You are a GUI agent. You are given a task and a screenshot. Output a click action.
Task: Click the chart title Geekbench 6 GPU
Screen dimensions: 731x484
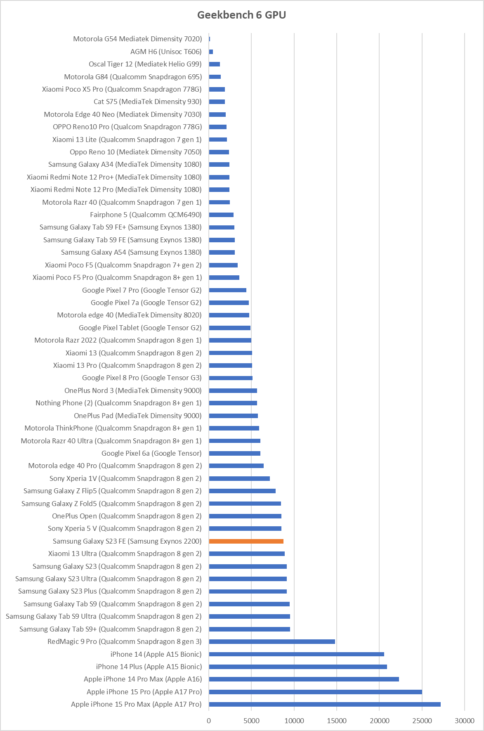(x=241, y=15)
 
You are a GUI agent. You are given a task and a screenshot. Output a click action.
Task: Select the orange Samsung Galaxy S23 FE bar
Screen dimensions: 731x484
(x=246, y=541)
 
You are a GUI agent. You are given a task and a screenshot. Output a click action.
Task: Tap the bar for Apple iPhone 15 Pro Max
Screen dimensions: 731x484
(x=324, y=704)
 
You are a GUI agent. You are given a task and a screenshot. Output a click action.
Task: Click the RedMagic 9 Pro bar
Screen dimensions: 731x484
(x=272, y=641)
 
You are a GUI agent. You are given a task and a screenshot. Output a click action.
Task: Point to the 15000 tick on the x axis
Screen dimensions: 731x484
(x=337, y=721)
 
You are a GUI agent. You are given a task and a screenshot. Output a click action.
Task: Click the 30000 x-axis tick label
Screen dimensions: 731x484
(x=464, y=721)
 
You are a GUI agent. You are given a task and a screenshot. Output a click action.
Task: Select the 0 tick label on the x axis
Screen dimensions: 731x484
(x=209, y=721)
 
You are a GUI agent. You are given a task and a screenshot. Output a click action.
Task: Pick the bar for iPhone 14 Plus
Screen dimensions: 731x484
(x=297, y=667)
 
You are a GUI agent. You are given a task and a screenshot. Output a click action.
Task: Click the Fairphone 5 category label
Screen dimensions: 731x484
(x=146, y=215)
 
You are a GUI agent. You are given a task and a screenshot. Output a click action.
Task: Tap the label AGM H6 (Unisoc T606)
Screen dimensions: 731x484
(x=166, y=52)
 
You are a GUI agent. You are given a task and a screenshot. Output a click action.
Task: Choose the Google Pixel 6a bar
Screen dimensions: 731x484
(x=234, y=453)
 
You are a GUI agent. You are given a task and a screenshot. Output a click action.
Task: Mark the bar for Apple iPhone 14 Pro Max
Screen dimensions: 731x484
(x=304, y=679)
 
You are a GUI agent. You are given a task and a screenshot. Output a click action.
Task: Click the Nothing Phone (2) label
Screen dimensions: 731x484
(x=118, y=403)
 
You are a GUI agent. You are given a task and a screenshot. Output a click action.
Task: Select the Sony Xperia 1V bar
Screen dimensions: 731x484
(x=239, y=478)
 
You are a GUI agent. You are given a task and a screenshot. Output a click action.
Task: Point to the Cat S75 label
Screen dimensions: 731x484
(x=147, y=102)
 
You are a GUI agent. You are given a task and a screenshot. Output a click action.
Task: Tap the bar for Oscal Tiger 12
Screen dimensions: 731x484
(x=214, y=64)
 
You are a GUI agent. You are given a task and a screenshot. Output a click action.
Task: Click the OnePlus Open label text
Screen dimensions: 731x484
(x=127, y=516)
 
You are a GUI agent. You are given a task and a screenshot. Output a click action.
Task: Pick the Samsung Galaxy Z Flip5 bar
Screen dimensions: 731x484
(x=242, y=491)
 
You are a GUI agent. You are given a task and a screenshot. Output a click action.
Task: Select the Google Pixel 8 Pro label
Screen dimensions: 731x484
(x=142, y=378)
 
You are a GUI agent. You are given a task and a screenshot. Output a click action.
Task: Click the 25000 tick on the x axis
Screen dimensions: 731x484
(x=422, y=721)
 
